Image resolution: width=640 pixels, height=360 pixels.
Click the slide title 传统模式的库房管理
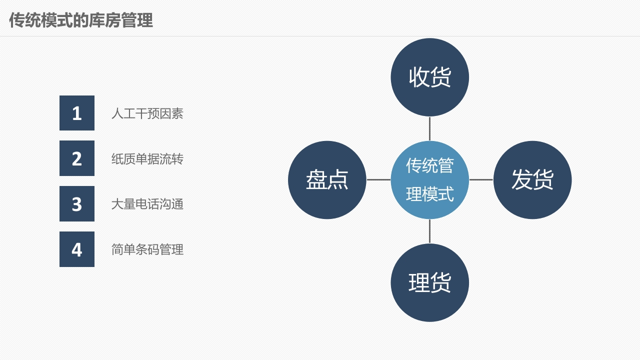point(81,20)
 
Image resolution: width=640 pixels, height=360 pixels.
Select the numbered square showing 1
point(77,113)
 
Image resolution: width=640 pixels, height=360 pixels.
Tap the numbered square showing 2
point(77,158)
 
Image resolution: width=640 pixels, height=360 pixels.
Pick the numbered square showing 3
point(77,203)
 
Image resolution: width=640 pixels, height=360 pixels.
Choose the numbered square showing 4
point(77,249)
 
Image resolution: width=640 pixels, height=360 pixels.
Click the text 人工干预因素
point(147,113)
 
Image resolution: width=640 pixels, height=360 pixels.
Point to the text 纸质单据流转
point(147,159)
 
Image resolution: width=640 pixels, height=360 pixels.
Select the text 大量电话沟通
point(147,204)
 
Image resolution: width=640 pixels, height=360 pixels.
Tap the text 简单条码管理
point(147,249)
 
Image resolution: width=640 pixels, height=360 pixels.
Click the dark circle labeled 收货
point(429,77)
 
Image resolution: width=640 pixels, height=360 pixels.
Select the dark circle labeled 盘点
point(327,180)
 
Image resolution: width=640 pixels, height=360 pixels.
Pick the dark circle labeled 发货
point(532,180)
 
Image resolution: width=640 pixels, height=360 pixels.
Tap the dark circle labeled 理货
point(429,282)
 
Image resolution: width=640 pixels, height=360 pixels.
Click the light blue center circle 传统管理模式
point(429,180)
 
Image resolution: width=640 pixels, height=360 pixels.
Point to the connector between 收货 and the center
point(429,129)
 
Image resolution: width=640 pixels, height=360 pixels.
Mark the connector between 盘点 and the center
point(378,179)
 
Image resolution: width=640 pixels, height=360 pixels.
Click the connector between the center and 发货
point(481,179)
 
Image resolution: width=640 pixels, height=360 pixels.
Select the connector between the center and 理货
point(429,231)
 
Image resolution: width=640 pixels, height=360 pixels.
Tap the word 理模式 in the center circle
point(429,194)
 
